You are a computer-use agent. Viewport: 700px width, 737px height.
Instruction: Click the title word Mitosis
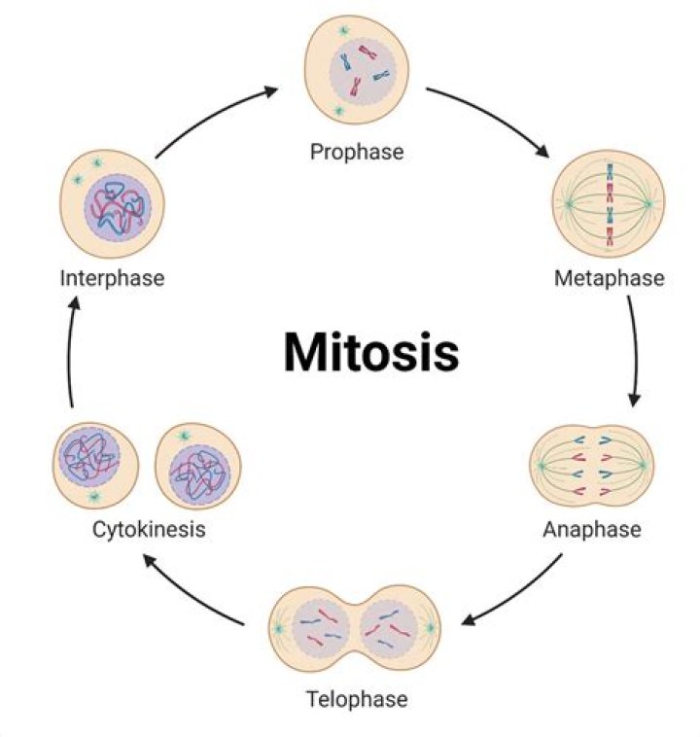click(370, 352)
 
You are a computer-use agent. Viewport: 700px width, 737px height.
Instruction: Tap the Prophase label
click(356, 152)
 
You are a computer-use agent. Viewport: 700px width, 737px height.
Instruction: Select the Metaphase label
click(609, 278)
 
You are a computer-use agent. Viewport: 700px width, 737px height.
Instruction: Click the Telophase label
click(356, 699)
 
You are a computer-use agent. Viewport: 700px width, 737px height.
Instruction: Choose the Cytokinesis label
click(149, 530)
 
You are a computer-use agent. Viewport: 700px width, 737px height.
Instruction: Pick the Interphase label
click(112, 278)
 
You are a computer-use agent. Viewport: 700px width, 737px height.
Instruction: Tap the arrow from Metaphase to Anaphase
click(633, 350)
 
